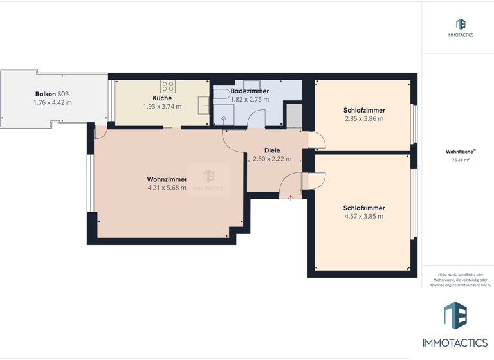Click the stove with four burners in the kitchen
coord(168,86)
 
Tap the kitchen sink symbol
coord(204,104)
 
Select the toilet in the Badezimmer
coord(223,94)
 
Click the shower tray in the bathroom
coord(224,114)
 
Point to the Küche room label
coord(162,98)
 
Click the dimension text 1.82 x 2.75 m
coord(250,100)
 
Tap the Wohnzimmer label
coord(167,179)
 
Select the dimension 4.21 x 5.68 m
coord(167,188)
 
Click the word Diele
coord(271,150)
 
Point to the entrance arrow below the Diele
coord(291,199)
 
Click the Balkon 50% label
coord(53,94)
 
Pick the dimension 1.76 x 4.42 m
coord(53,102)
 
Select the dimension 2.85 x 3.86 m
coord(363,119)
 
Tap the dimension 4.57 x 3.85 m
coord(363,217)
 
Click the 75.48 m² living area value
coord(460,161)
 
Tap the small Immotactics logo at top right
coord(461,25)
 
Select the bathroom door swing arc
coord(257,118)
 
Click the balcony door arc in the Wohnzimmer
coord(101,132)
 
